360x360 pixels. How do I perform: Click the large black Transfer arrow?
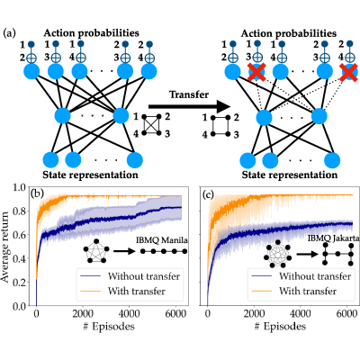point(190,106)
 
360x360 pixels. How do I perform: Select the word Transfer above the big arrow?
point(189,94)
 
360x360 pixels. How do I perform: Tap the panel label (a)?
point(9,32)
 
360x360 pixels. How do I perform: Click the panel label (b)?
point(37,195)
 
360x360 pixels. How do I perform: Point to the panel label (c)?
point(208,195)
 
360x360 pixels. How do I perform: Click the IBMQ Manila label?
point(162,240)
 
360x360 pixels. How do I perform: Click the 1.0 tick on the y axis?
point(20,188)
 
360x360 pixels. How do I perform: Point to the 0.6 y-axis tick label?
point(20,235)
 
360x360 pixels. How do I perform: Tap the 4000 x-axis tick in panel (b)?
point(129,314)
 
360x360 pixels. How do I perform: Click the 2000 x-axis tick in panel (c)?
point(254,314)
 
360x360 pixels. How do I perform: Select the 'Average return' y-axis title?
point(5,247)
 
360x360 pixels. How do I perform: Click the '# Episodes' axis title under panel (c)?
point(280,327)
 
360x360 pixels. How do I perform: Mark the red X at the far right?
point(349,73)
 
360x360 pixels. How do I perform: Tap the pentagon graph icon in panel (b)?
point(96,251)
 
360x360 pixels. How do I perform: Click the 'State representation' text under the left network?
point(91,175)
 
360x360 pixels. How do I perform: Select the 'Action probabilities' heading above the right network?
point(289,33)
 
